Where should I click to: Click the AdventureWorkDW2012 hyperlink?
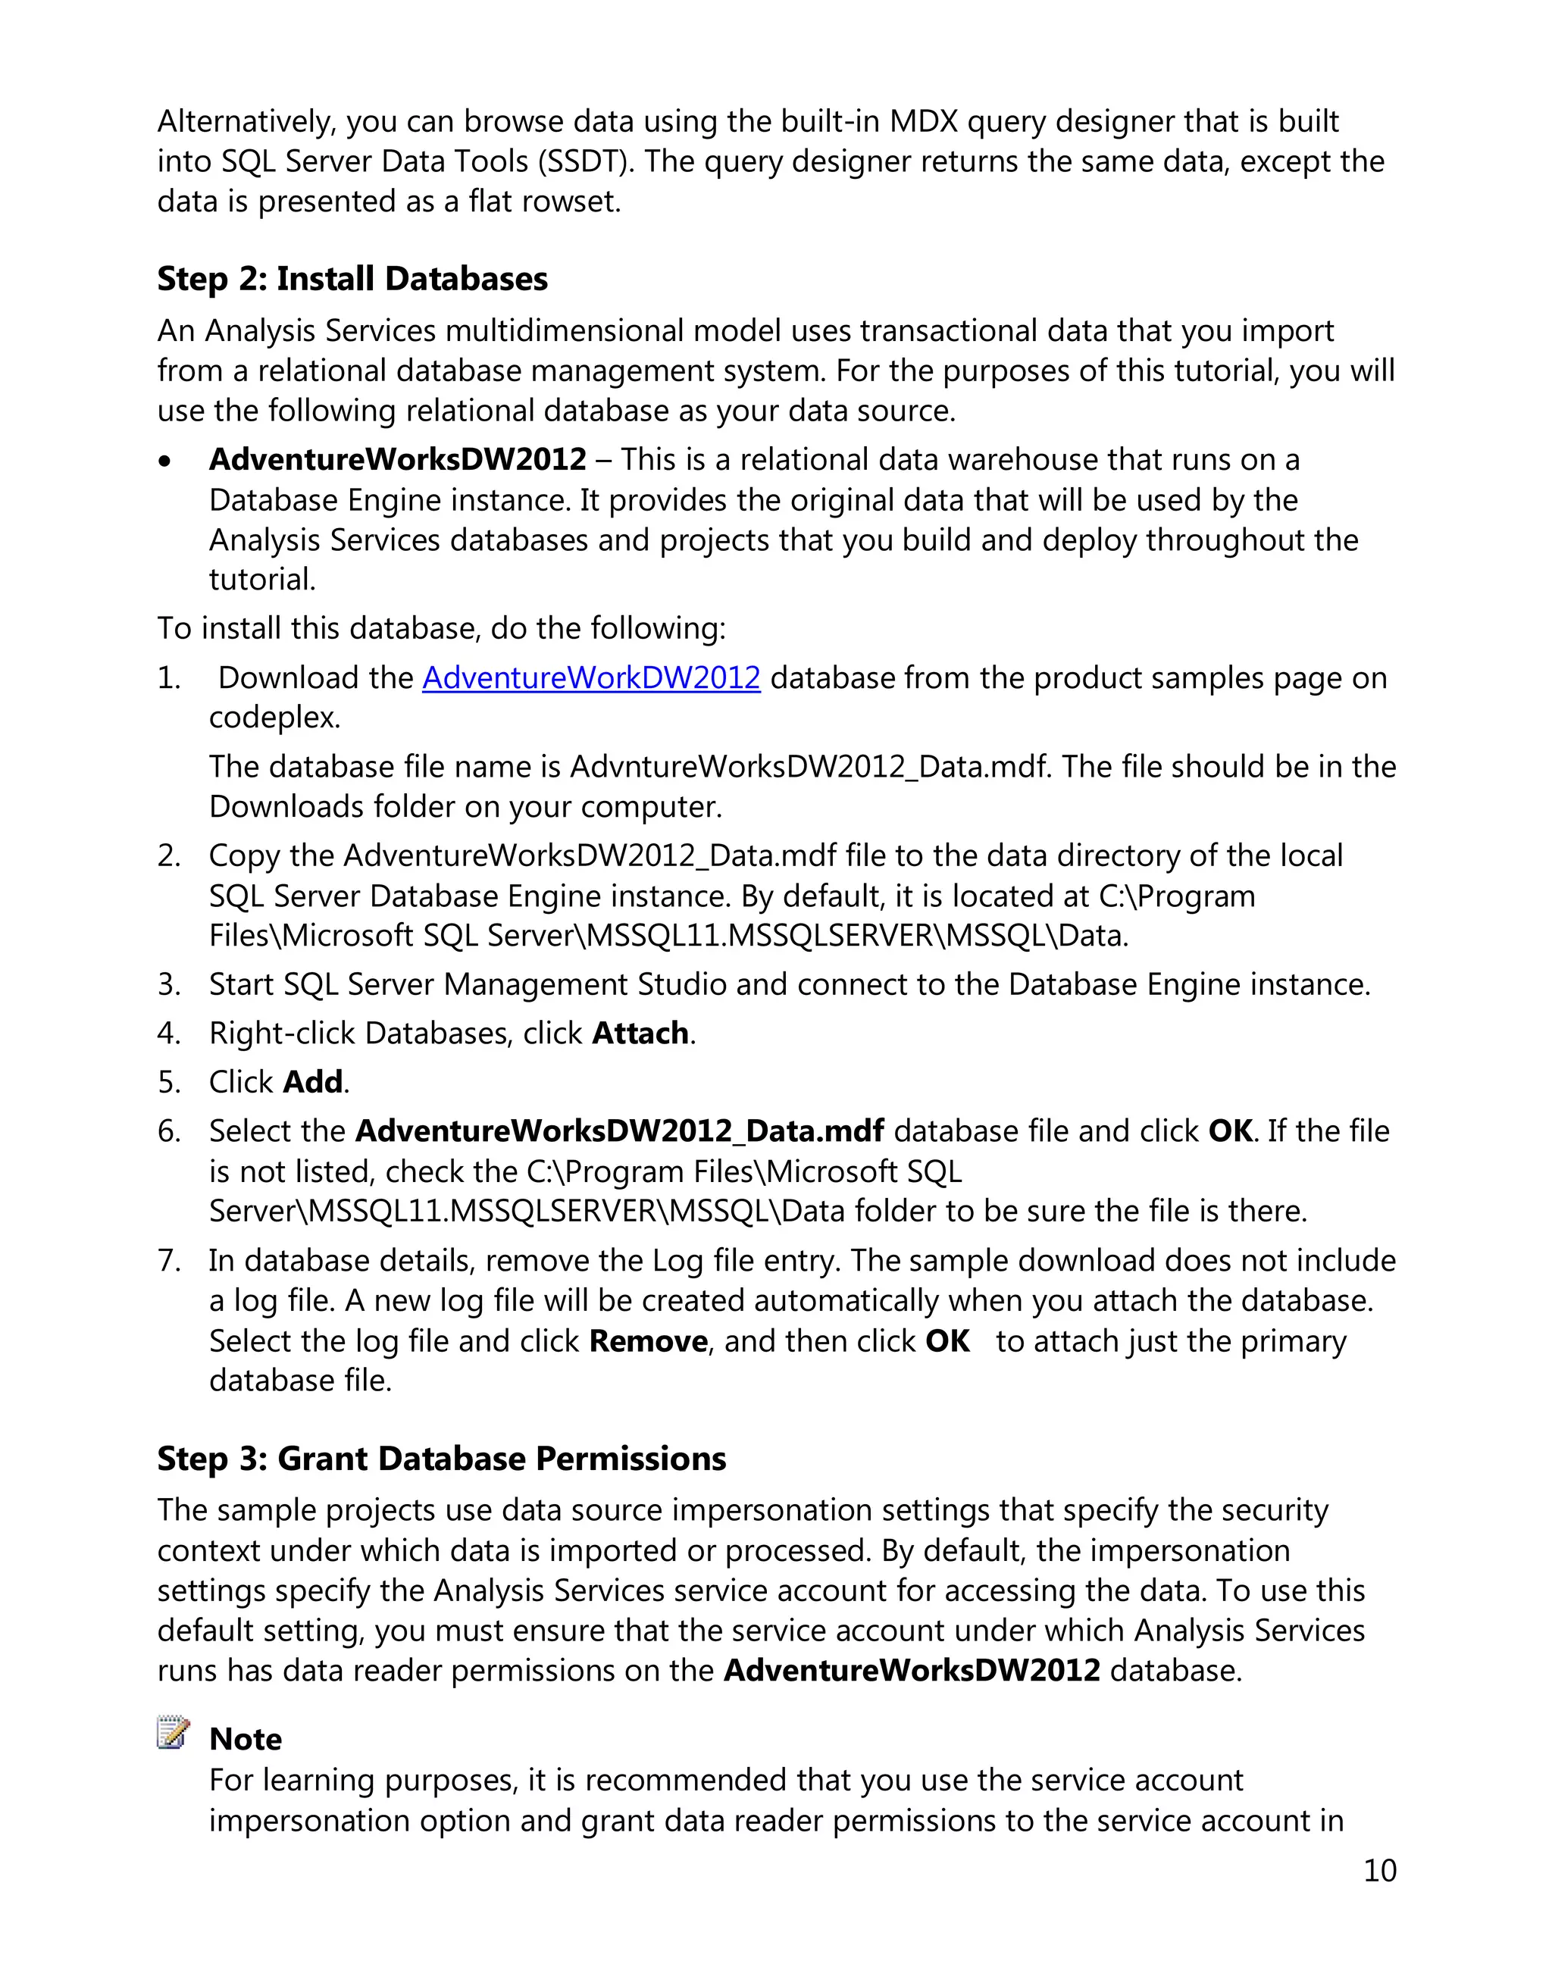pyautogui.click(x=591, y=678)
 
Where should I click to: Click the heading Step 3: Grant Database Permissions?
pyautogui.click(x=441, y=1459)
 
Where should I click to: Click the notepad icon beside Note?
pyautogui.click(x=173, y=1733)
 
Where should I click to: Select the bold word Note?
pyautogui.click(x=246, y=1740)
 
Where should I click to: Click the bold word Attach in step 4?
pyautogui.click(x=640, y=1034)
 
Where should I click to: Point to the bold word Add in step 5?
pyautogui.click(x=313, y=1082)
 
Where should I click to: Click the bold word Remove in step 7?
pyautogui.click(x=648, y=1342)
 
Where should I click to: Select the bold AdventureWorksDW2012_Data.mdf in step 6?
pyautogui.click(x=619, y=1131)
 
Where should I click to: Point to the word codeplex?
pyautogui.click(x=274, y=718)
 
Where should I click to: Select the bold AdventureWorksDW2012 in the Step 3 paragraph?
pyautogui.click(x=912, y=1672)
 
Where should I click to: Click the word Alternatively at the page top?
pyautogui.click(x=246, y=122)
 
